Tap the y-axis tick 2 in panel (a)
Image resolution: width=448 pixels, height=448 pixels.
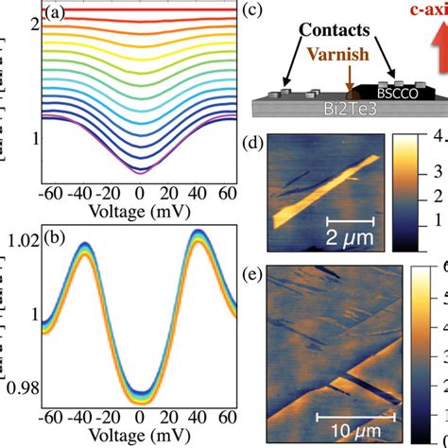click(33, 23)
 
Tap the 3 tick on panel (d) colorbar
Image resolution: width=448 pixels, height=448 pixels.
click(439, 174)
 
